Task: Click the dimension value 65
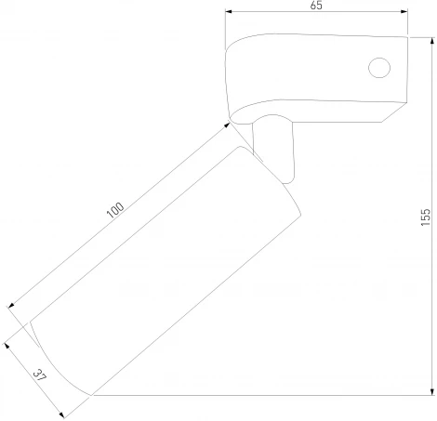point(316,6)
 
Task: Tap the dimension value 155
point(426,217)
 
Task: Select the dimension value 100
point(115,210)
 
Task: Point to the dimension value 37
point(40,375)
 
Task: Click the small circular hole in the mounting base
point(379,68)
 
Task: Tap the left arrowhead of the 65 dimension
point(229,12)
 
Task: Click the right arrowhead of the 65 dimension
point(404,12)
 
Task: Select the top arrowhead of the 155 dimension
point(432,41)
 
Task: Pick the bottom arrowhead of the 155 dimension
point(432,391)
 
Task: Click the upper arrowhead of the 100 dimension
point(227,125)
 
